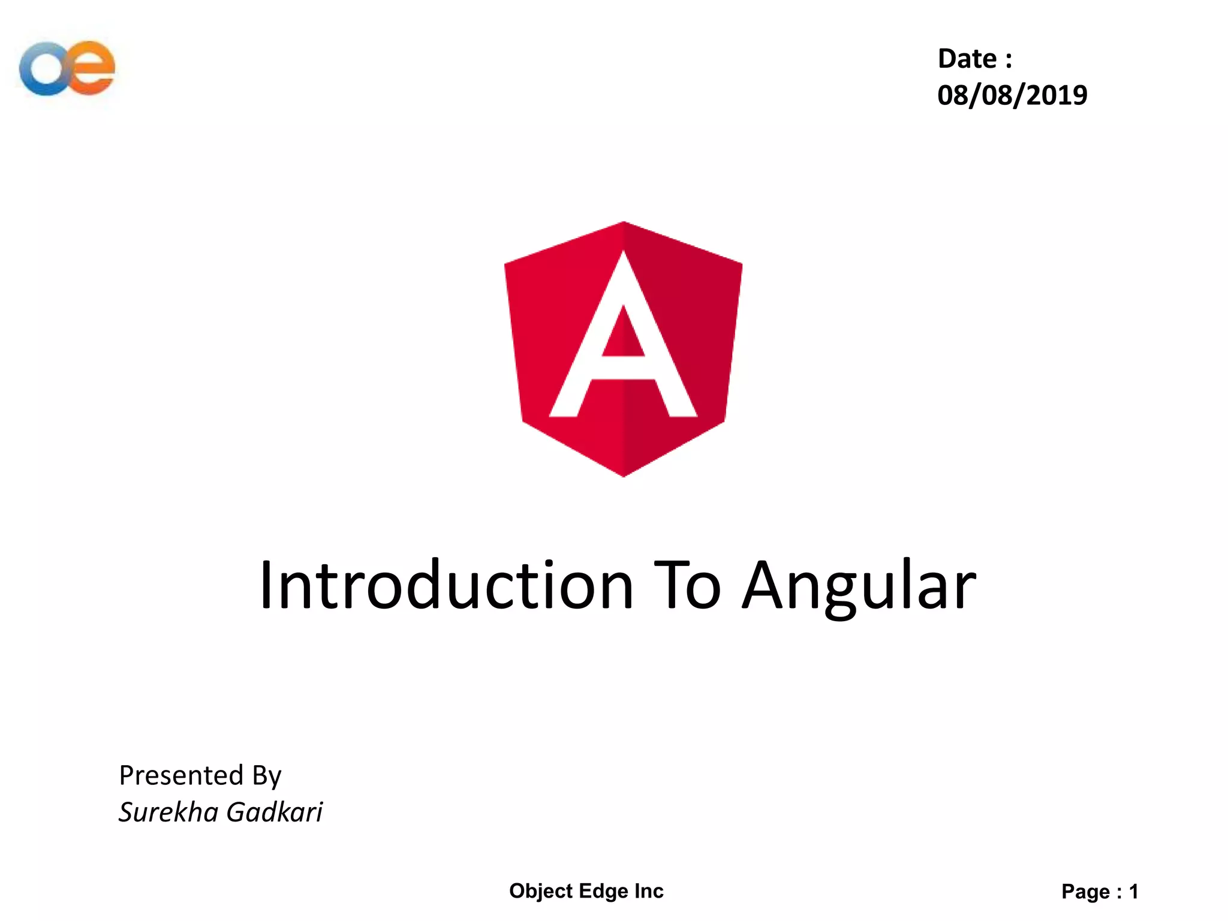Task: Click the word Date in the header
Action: [x=967, y=59]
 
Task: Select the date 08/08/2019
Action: [x=1012, y=95]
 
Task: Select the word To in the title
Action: [x=687, y=585]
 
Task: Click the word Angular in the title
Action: [x=859, y=585]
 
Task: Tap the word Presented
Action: [x=181, y=775]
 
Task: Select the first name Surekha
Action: [x=168, y=812]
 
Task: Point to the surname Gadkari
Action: [x=275, y=812]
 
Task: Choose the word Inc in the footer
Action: [x=649, y=891]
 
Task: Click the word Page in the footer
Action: [x=1085, y=892]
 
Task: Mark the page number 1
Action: [x=1133, y=892]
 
